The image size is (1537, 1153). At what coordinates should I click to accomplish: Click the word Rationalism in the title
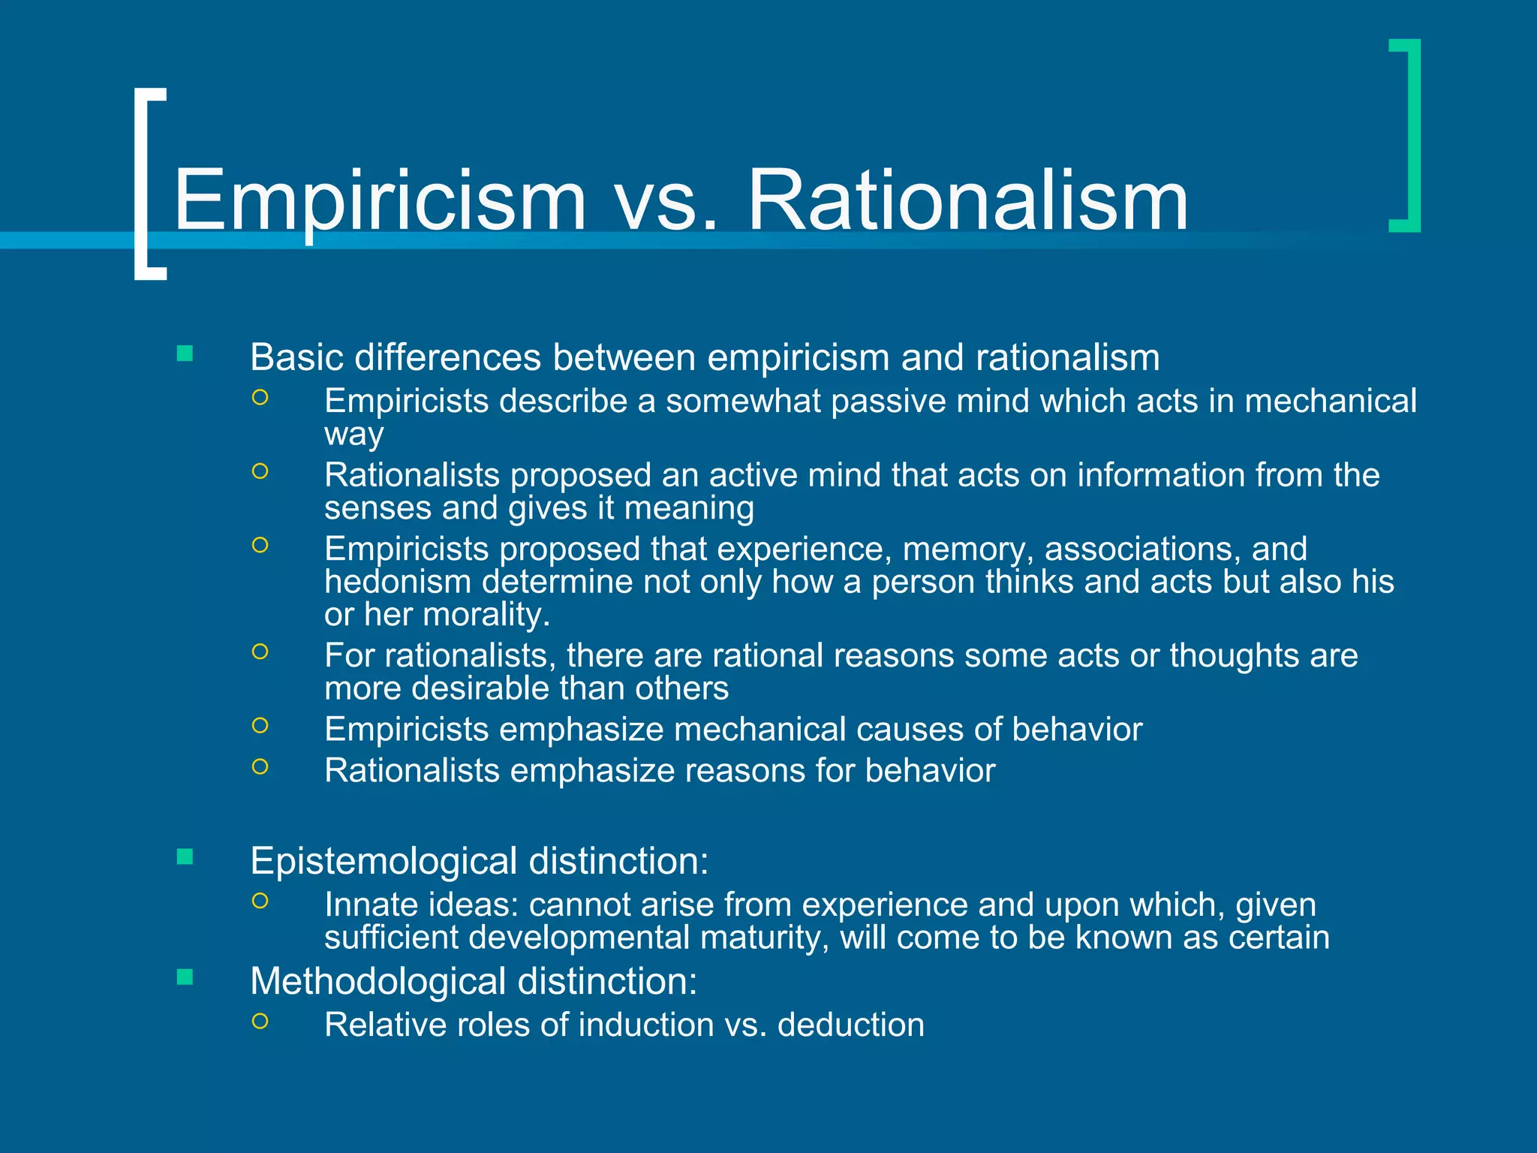[x=968, y=200]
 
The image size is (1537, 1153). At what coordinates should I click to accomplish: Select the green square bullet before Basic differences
[x=185, y=354]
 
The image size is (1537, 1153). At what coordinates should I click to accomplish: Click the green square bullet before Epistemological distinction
[x=185, y=856]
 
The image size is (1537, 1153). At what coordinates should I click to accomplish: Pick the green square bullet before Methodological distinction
[x=185, y=977]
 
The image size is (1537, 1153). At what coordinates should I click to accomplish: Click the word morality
[x=486, y=615]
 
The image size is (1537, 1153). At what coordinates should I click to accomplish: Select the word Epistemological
[x=383, y=860]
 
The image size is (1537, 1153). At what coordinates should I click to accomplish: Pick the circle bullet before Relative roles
[x=260, y=1021]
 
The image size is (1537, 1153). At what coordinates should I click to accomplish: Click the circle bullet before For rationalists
[x=260, y=652]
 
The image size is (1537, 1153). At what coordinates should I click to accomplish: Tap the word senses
[x=377, y=508]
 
